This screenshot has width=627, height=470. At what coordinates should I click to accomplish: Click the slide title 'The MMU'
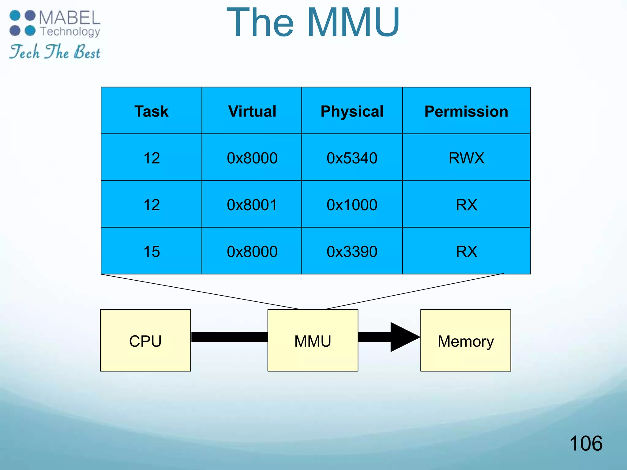tap(313, 23)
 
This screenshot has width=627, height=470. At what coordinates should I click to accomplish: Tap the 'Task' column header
tap(151, 111)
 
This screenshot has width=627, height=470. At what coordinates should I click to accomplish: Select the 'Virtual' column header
tap(252, 111)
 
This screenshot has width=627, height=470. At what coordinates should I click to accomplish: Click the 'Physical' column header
tap(352, 111)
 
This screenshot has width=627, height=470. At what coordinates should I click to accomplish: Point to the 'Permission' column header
tap(466, 111)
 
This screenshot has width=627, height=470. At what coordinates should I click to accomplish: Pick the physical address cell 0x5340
tap(352, 158)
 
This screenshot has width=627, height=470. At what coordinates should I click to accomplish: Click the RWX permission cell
tap(466, 158)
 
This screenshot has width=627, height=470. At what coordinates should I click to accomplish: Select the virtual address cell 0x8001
tap(252, 205)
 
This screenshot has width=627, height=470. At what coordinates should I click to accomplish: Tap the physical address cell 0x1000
tap(352, 205)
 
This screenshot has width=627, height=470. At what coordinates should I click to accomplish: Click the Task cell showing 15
tap(151, 252)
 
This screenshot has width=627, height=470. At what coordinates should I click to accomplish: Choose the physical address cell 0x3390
tap(352, 252)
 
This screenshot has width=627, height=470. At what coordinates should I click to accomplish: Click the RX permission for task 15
tap(466, 252)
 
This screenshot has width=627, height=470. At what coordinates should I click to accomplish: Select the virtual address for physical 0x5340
tap(252, 158)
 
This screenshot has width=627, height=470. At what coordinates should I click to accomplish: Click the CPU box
tap(145, 341)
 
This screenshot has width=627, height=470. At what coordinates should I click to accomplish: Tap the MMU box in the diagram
tap(313, 341)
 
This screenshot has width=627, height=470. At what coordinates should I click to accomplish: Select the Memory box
tap(465, 341)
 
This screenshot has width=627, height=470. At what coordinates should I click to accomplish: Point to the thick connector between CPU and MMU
tap(229, 337)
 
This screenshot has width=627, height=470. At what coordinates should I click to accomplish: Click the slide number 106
tap(586, 443)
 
